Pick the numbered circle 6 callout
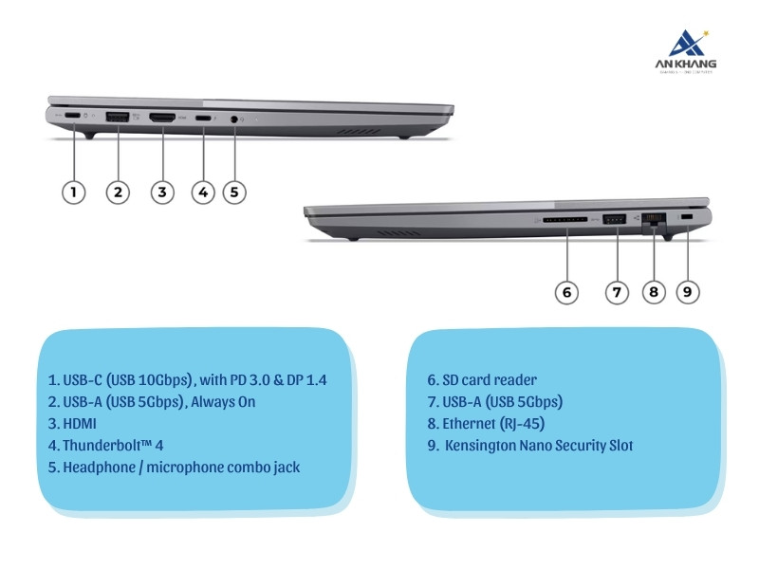click(566, 292)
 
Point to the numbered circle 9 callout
click(688, 292)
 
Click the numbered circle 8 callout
click(652, 292)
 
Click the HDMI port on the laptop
click(161, 118)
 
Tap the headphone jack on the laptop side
click(235, 119)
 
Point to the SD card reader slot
click(565, 220)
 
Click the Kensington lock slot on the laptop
click(687, 219)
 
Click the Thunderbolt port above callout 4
click(203, 119)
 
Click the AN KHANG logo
click(691, 52)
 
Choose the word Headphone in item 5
click(97, 467)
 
